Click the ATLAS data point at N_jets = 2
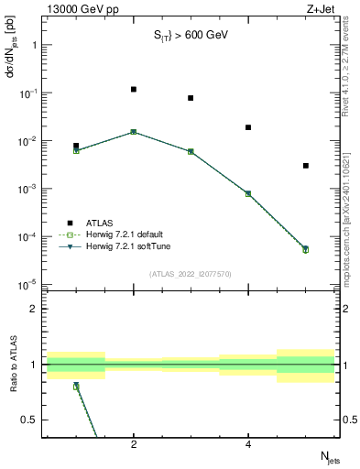[134, 89]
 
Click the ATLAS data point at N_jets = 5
[306, 166]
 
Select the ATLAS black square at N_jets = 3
[191, 98]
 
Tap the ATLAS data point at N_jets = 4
[248, 127]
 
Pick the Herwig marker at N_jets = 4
[248, 193]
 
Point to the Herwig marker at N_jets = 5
[306, 248]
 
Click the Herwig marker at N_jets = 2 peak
[134, 132]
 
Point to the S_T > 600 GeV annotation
[190, 36]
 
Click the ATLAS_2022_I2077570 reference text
[191, 273]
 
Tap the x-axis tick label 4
[248, 444]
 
